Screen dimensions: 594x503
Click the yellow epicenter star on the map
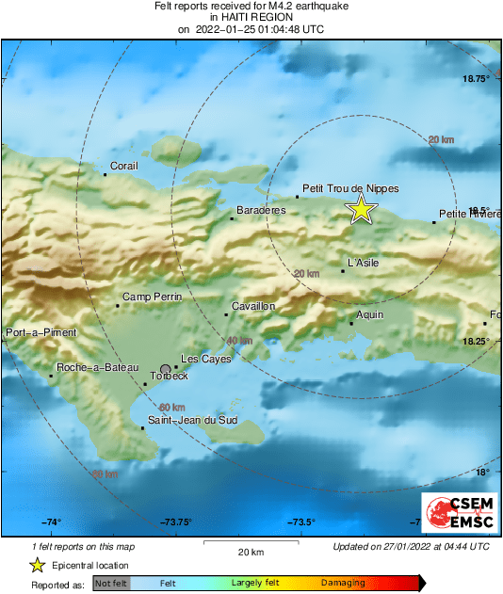coord(362,210)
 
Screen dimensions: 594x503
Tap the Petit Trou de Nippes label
coord(349,188)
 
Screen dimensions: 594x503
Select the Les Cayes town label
coord(202,359)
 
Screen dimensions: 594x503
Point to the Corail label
coord(124,166)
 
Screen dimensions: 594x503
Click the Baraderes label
coord(261,210)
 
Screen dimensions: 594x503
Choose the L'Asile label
coord(363,263)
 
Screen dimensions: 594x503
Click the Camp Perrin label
coord(151,297)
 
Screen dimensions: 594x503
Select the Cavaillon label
coord(252,306)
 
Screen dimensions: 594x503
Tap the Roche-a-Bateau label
coord(98,367)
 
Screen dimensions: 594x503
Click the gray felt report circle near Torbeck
coord(166,370)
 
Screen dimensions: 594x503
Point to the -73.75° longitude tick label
coord(176,522)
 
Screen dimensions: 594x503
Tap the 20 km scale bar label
coord(250,551)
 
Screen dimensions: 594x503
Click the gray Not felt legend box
coord(111,584)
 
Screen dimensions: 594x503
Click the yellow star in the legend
coord(38,566)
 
